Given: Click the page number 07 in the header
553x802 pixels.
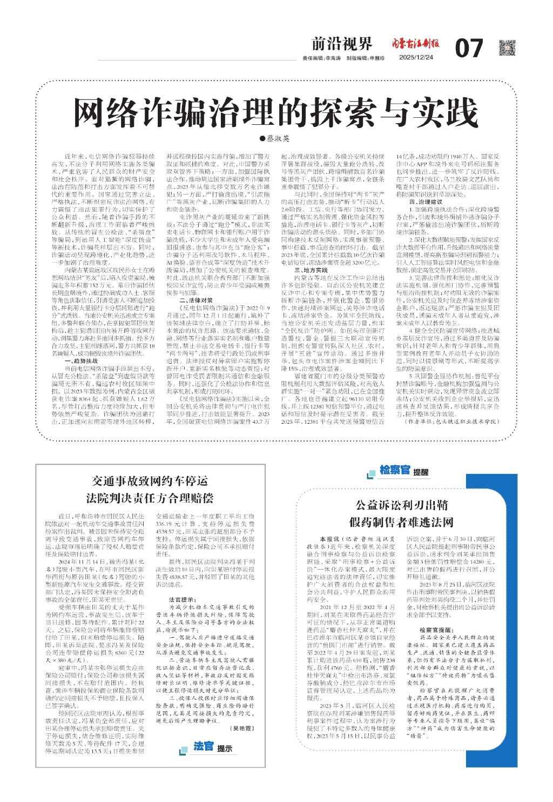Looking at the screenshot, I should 469,49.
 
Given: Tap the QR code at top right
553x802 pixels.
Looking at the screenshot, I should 507,48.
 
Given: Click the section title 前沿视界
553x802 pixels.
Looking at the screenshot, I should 342,43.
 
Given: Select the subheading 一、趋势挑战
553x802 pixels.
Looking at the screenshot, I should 81,345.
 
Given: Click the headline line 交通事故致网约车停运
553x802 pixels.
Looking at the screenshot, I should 150,481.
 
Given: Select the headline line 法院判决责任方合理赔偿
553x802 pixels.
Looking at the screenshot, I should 150,498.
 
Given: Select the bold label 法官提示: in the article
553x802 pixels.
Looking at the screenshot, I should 182,599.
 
